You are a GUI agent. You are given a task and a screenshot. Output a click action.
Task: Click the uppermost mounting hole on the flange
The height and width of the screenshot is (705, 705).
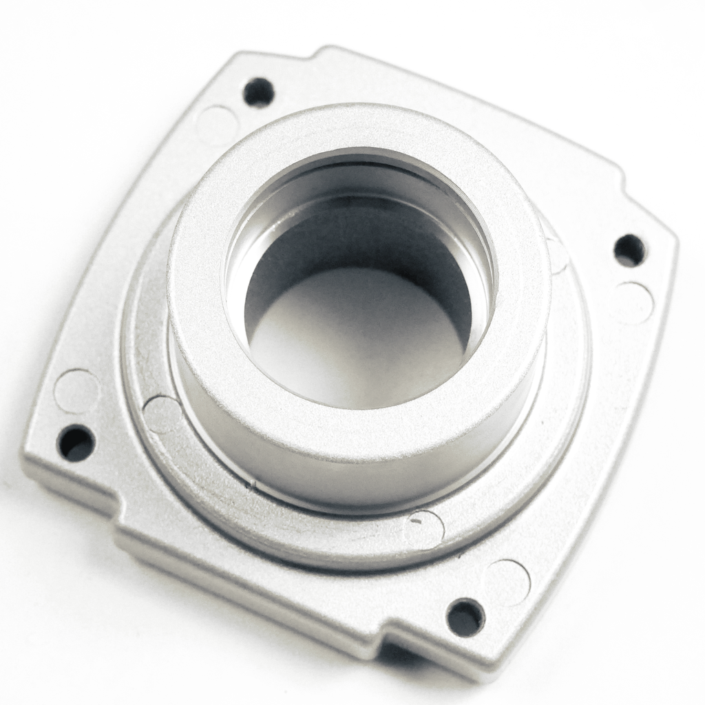pos(259,92)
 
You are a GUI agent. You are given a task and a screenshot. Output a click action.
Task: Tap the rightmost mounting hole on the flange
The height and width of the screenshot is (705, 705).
pos(629,250)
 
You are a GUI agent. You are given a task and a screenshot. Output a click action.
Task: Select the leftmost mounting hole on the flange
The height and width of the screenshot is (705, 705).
pos(76,443)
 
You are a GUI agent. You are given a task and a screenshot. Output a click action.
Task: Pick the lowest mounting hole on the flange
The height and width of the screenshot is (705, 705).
pos(466,617)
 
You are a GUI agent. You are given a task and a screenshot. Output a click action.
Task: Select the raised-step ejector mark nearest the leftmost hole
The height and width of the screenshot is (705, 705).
pos(162,414)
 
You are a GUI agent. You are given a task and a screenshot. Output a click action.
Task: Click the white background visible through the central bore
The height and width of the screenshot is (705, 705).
pos(358,337)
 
